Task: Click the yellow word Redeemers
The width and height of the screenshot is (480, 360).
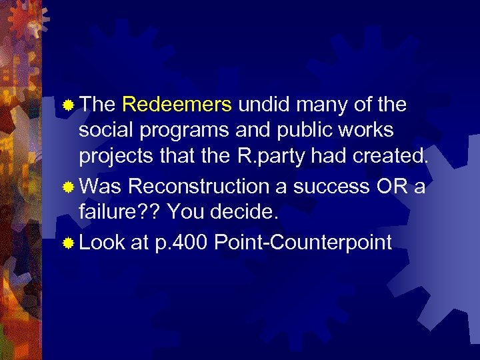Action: (177, 105)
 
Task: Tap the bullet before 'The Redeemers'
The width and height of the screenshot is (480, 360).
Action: (69, 105)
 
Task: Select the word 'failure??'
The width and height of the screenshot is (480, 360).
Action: (119, 213)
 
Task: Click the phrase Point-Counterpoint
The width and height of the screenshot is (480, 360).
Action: (303, 243)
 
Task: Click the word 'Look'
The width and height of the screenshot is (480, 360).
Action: (102, 243)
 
